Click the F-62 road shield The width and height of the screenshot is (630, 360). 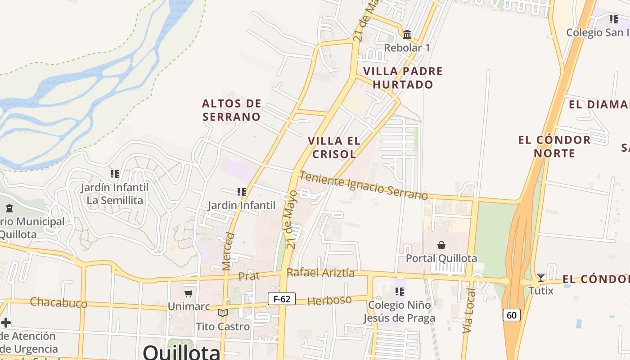[282, 299]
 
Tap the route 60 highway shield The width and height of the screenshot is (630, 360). [512, 315]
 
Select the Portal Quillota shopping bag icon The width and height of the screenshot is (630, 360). [441, 245]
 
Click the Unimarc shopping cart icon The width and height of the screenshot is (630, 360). [189, 293]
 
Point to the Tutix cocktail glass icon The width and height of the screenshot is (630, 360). [541, 277]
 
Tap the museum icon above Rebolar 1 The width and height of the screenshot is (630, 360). [407, 34]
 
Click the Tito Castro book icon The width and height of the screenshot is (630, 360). [223, 313]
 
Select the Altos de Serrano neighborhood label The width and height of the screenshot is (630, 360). [231, 110]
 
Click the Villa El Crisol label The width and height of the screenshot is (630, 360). [334, 147]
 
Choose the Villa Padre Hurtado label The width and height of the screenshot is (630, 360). [403, 78]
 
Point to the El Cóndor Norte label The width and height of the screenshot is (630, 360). [554, 146]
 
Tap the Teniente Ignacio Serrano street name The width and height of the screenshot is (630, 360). [364, 185]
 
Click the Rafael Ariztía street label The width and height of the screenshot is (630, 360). [320, 273]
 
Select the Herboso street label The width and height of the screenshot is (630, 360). [330, 301]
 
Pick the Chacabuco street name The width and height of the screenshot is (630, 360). [58, 303]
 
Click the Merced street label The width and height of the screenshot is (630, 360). [229, 251]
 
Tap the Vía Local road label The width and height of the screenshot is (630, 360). [469, 310]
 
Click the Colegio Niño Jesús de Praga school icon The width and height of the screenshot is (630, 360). [399, 292]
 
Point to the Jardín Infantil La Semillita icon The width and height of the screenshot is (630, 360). [115, 174]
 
